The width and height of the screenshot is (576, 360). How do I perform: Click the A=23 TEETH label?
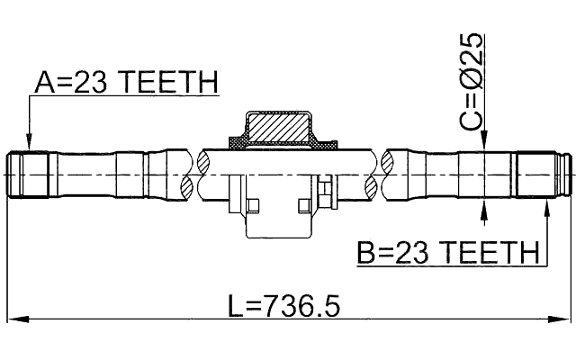pos(126,84)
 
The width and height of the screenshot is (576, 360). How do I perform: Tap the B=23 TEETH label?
pos(446,253)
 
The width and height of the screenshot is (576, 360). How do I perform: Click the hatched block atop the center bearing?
pos(278,127)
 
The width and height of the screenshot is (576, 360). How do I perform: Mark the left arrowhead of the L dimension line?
pos(13,319)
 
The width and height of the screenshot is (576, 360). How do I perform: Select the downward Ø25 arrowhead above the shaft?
pos(485,143)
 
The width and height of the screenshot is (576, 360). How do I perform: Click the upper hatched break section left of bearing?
pos(202,163)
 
